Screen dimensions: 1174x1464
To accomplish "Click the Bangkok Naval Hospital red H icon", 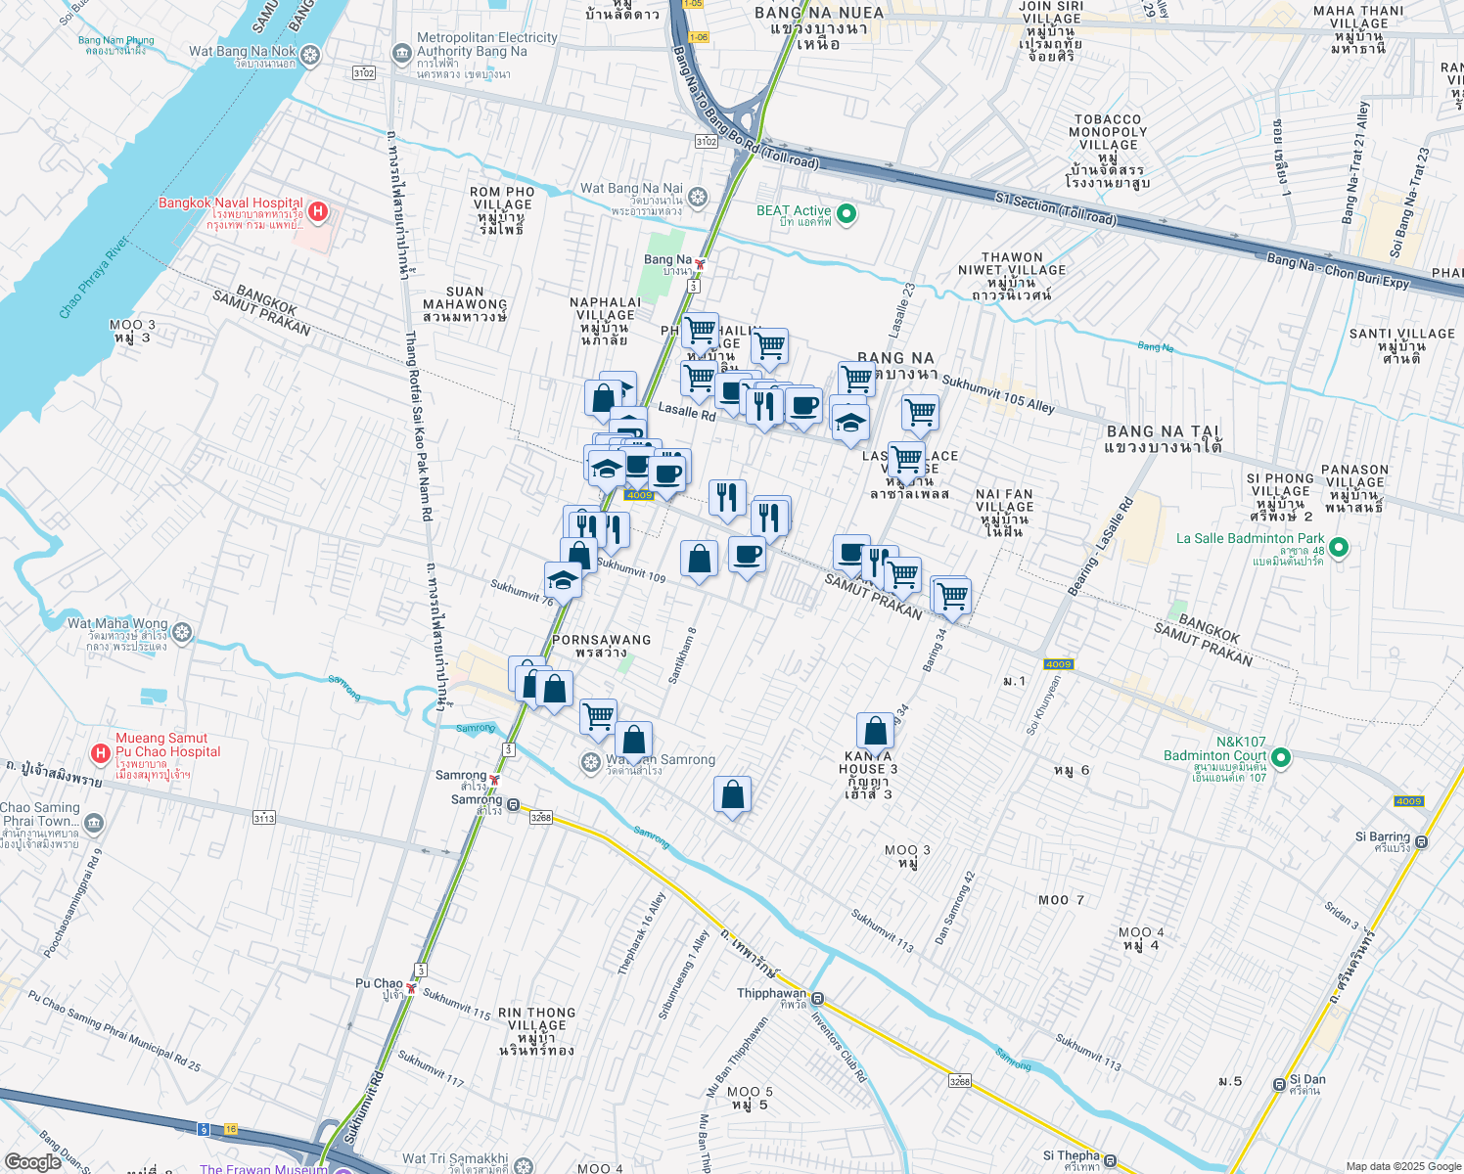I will pyautogui.click(x=317, y=210).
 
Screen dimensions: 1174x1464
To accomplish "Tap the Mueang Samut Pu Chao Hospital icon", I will pyautogui.click(x=99, y=752).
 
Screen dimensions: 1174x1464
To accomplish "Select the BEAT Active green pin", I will pyautogui.click(x=846, y=213).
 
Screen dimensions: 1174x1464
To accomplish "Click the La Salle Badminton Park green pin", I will pyautogui.click(x=1340, y=548).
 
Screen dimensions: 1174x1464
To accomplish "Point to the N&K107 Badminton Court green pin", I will pyautogui.click(x=1281, y=757).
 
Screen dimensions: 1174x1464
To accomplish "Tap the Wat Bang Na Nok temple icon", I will pyautogui.click(x=310, y=54).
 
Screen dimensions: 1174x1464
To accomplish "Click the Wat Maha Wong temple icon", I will pyautogui.click(x=182, y=633).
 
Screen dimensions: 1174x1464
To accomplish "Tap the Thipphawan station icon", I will pyautogui.click(x=817, y=1000).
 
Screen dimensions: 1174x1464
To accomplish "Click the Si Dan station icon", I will pyautogui.click(x=1279, y=1084).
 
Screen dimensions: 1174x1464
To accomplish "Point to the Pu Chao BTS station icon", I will pyautogui.click(x=412, y=988).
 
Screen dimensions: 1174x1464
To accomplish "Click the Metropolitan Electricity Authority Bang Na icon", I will pyautogui.click(x=401, y=53).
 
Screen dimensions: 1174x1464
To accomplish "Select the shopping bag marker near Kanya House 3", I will pyautogui.click(x=875, y=731).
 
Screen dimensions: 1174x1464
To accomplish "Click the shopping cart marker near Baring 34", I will pyautogui.click(x=951, y=595).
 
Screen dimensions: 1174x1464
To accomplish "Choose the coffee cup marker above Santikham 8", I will pyautogui.click(x=747, y=555).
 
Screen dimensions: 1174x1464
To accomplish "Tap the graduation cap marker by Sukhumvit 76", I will pyautogui.click(x=563, y=580).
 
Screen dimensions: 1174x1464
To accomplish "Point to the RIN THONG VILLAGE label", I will pyautogui.click(x=536, y=1031).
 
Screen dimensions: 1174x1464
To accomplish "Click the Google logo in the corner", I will pyautogui.click(x=33, y=1161).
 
